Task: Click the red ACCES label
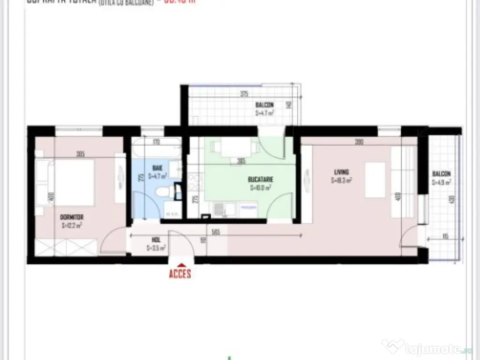click(x=180, y=273)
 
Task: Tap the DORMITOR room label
click(x=72, y=217)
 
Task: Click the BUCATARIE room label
click(x=261, y=179)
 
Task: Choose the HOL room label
click(x=156, y=239)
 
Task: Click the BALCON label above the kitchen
click(x=264, y=105)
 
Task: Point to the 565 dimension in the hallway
click(x=216, y=231)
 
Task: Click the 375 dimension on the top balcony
click(x=244, y=94)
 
